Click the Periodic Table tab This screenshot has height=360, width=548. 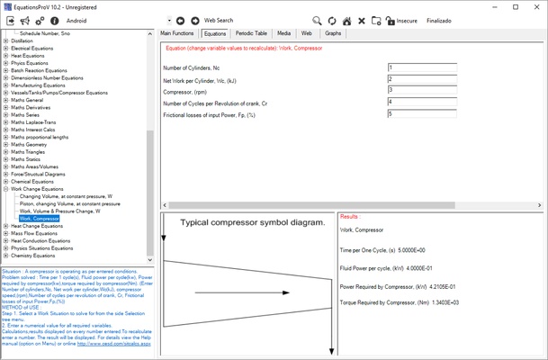252,33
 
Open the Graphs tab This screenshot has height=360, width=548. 333,33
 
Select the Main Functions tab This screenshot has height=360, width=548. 177,33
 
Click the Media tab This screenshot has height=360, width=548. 283,33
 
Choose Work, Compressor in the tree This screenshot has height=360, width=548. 39,219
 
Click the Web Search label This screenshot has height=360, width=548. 219,20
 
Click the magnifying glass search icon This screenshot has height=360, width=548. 317,20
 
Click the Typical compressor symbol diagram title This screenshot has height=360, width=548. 239,222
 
